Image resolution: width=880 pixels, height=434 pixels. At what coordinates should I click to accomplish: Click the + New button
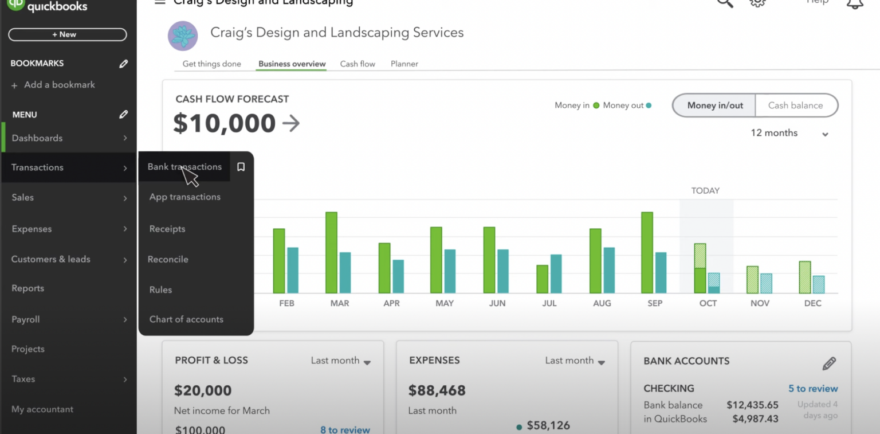coord(68,34)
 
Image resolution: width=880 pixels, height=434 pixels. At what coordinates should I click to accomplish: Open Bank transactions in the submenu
coord(184,167)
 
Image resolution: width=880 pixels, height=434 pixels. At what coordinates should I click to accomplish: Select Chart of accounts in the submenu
coord(186,319)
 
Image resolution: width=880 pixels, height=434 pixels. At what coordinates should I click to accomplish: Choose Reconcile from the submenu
coord(168,259)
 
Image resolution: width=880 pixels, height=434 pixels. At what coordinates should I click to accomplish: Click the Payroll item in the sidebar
coord(26,319)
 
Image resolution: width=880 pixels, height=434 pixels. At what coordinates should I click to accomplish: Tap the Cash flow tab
coord(357,64)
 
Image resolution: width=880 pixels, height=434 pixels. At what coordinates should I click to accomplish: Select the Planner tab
coord(404,64)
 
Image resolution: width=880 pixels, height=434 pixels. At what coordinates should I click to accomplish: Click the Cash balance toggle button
coord(795,105)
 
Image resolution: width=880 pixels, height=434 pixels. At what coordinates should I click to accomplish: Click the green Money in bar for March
coord(331,252)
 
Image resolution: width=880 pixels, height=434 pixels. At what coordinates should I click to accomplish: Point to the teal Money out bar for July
coord(556,273)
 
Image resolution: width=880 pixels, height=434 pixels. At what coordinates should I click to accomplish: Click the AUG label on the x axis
coord(602,303)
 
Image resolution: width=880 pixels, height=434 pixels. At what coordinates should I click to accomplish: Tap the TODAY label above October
coord(705,191)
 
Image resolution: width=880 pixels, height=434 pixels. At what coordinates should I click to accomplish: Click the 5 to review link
coord(813,389)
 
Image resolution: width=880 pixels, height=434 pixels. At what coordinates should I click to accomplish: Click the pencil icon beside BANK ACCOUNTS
coord(829,363)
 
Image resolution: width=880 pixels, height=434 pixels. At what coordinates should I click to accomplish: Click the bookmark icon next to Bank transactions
coord(241,167)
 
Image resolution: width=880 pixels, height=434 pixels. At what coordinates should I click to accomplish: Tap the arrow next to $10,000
coord(291,123)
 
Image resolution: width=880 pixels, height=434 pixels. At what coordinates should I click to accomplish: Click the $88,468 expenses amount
coord(437,391)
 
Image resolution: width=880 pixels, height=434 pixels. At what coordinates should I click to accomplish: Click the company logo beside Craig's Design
coord(183,36)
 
